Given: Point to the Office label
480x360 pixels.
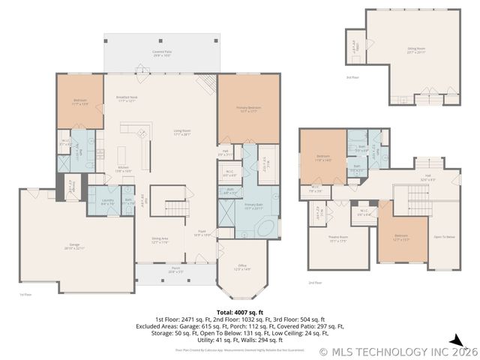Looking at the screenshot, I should pos(242,267).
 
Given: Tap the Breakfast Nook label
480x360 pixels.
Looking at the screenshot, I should pos(126,97).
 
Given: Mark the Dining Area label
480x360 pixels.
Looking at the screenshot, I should pos(160,241).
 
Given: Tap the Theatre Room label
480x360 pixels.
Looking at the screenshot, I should pos(337,239).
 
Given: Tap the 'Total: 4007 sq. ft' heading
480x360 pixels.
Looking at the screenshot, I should pos(239,311).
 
